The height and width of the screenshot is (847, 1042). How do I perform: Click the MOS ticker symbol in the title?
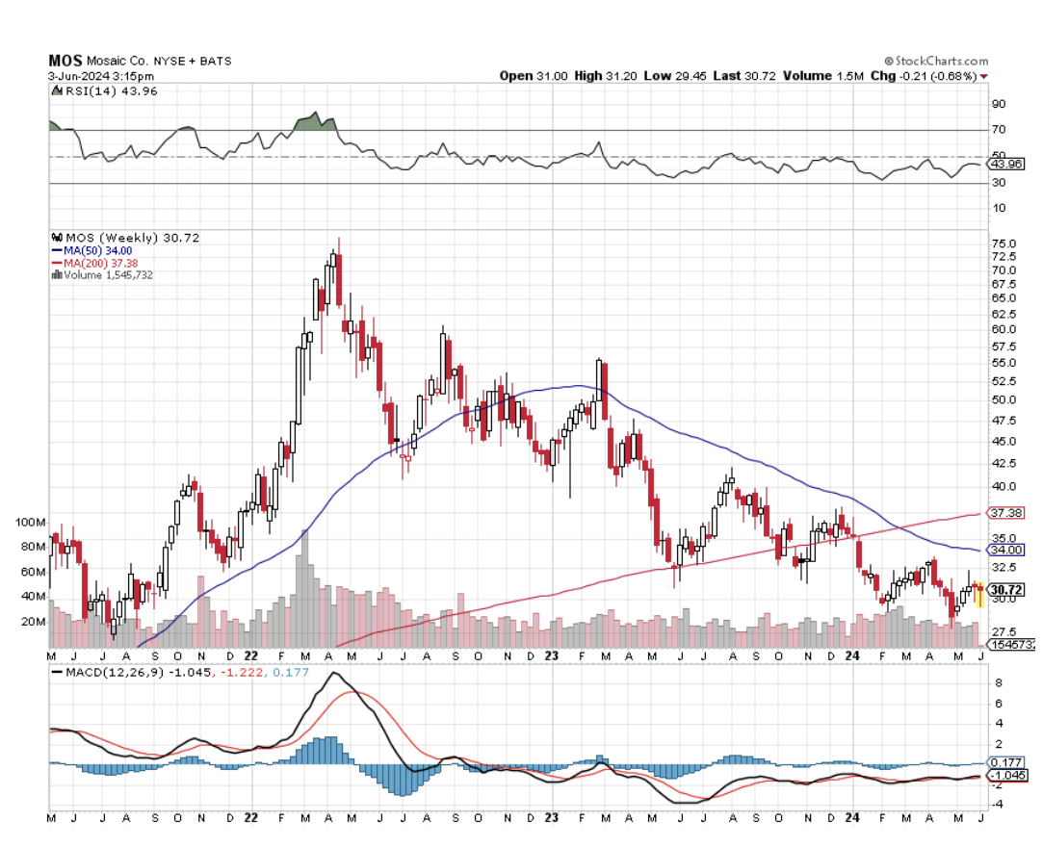point(65,60)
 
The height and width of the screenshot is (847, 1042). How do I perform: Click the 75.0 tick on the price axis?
point(1003,244)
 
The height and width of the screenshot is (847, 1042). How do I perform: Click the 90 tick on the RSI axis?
point(999,104)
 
